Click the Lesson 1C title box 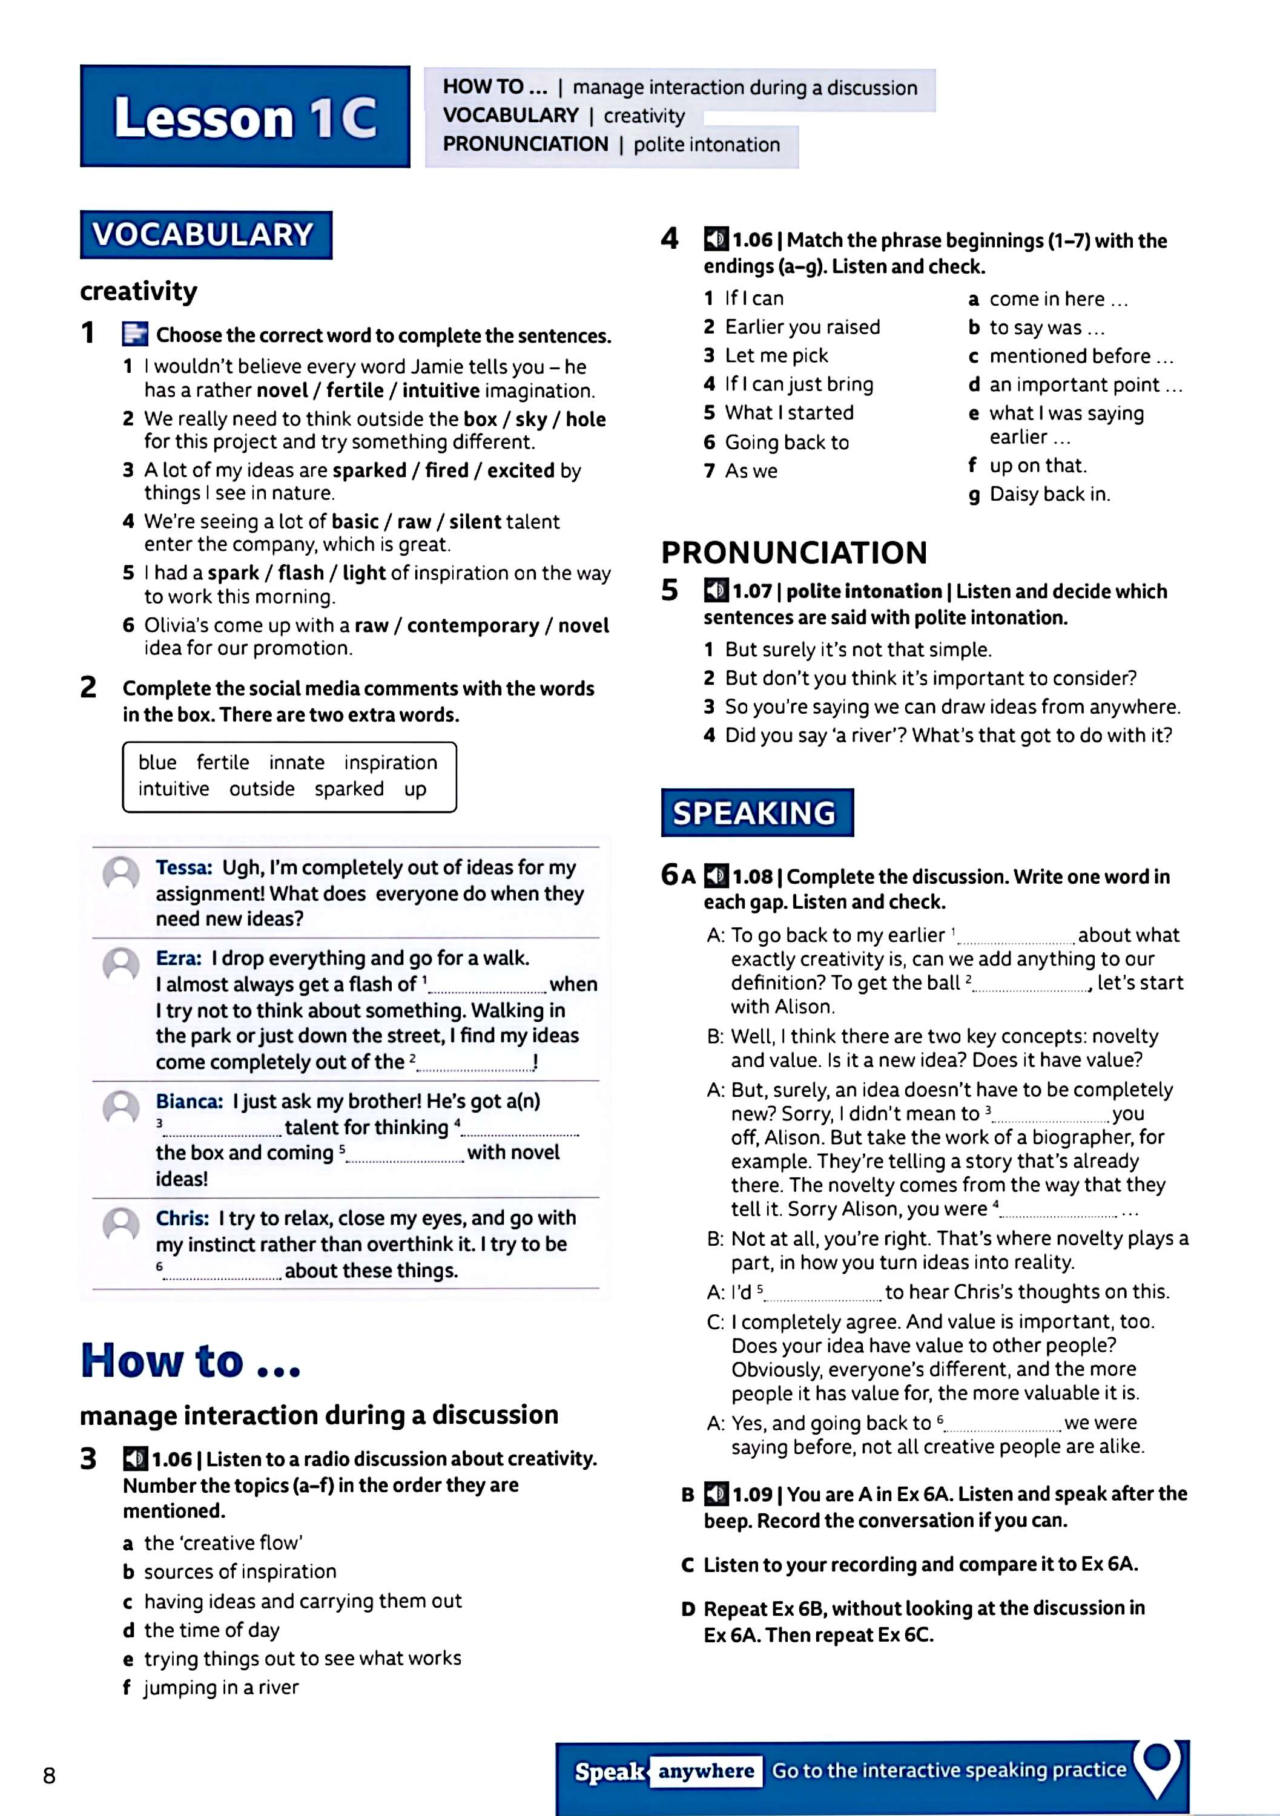click(x=245, y=116)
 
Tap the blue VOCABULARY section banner click(x=206, y=235)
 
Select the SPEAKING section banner click(x=757, y=812)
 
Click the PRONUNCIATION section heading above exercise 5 click(x=793, y=552)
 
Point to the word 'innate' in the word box click(x=297, y=763)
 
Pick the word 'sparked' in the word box click(x=349, y=789)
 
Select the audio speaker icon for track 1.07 click(x=716, y=591)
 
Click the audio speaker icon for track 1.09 click(x=716, y=1494)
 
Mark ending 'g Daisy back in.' click(x=1040, y=495)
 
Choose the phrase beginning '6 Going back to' click(x=777, y=442)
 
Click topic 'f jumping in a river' click(x=211, y=1688)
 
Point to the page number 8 click(x=49, y=1777)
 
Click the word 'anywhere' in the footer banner click(x=707, y=1771)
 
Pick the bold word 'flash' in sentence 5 click(x=300, y=573)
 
